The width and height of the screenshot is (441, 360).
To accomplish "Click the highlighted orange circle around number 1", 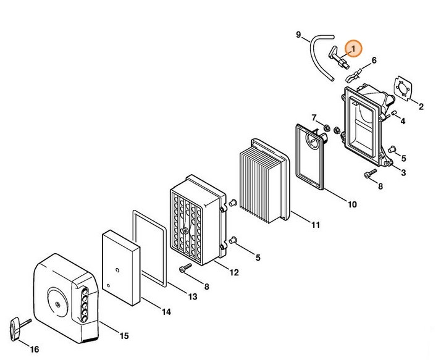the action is click(x=353, y=48).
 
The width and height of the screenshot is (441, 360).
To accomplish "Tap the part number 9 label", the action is click(x=298, y=35).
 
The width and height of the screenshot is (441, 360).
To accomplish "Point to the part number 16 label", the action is click(x=35, y=350).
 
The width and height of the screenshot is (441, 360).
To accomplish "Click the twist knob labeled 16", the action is click(x=19, y=328).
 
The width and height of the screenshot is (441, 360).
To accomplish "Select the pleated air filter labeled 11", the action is click(x=264, y=181).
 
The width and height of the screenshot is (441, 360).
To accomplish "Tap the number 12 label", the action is click(x=234, y=272).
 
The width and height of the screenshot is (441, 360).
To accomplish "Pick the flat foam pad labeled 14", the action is click(x=121, y=268).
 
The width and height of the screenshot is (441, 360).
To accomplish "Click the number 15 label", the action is click(x=124, y=336).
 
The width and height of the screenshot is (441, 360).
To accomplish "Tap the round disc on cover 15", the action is click(x=57, y=304).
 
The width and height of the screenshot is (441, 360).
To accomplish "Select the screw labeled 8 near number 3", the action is click(x=371, y=173).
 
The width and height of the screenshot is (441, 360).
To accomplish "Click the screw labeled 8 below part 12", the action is click(x=185, y=268).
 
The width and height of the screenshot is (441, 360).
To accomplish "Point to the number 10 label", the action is click(x=352, y=204).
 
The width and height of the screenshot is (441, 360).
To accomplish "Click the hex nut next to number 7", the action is click(x=327, y=128).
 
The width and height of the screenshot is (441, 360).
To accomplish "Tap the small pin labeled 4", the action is click(x=394, y=113).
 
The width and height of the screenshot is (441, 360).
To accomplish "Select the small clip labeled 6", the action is click(x=353, y=75).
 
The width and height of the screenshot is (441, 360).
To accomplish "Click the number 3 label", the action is click(x=403, y=173).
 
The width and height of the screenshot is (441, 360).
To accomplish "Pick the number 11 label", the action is click(x=316, y=225).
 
